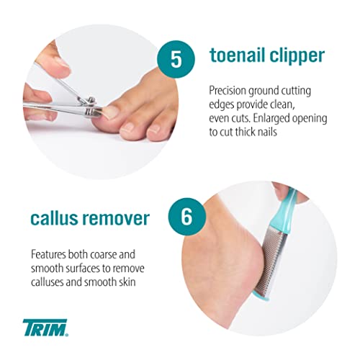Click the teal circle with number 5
pos(176,59)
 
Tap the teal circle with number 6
pos(187,217)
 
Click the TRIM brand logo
pos(45,328)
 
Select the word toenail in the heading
pos(238,55)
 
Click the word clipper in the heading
pos(297,56)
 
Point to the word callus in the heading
pos(54,218)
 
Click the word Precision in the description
pos(228,91)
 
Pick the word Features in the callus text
pos(48,254)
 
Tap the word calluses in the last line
pos(47,282)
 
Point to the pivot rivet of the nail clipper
pos(91,100)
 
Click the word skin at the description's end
pos(127,282)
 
